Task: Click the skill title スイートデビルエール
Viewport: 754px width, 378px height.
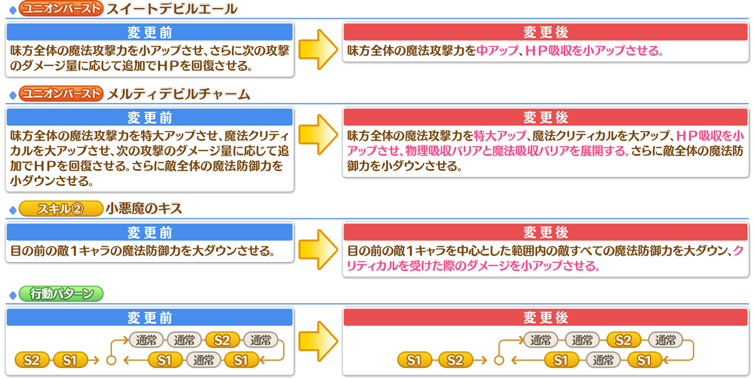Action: [x=171, y=9]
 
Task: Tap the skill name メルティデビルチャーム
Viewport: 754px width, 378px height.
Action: [x=178, y=94]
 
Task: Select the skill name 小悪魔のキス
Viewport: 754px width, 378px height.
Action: [x=144, y=209]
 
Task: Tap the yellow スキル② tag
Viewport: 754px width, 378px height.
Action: [x=60, y=209]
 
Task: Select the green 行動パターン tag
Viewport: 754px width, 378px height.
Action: [x=62, y=293]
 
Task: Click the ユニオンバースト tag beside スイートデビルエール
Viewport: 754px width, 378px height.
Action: [x=61, y=9]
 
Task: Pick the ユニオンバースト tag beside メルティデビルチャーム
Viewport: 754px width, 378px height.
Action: [x=61, y=94]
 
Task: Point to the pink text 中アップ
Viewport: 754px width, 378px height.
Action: [x=497, y=50]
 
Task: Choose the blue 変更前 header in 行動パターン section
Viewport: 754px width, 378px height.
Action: [x=149, y=318]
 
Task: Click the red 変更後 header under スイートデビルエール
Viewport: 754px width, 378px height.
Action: [x=546, y=32]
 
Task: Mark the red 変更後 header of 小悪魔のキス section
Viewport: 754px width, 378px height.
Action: [x=546, y=233]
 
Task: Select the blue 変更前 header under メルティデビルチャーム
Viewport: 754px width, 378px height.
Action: [x=149, y=117]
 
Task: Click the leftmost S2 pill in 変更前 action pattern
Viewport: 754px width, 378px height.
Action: [x=31, y=360]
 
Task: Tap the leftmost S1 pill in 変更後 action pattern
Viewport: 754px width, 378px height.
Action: [x=414, y=360]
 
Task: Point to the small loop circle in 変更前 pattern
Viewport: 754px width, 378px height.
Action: [x=111, y=360]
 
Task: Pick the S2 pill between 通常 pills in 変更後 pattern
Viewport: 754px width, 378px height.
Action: [x=623, y=340]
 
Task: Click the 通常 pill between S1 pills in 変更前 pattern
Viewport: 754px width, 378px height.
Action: [x=203, y=360]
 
